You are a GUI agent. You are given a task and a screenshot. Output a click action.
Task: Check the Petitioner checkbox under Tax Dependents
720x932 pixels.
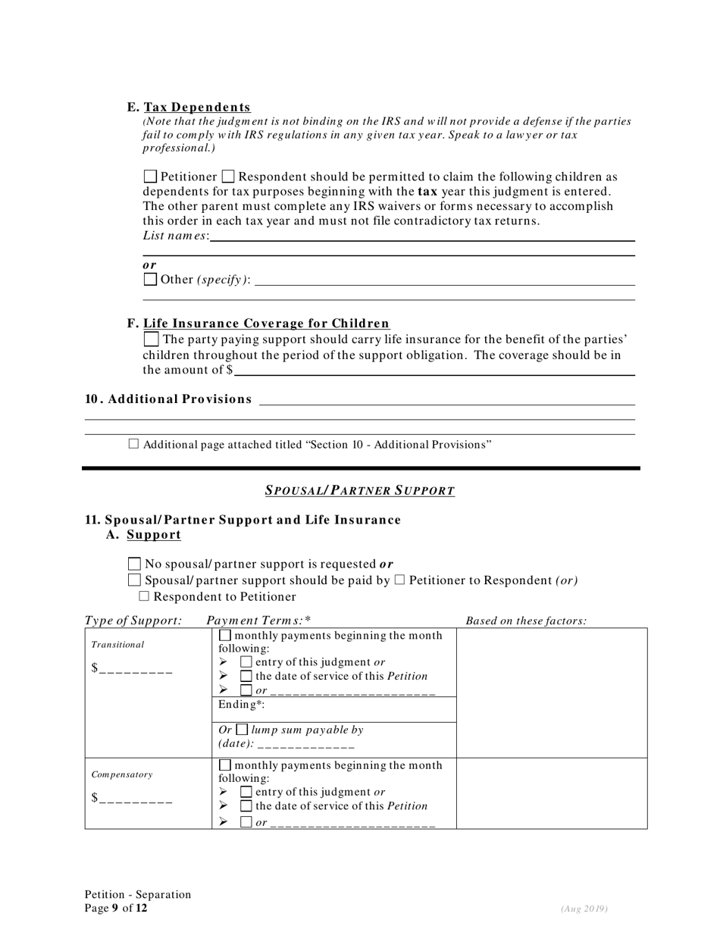point(150,177)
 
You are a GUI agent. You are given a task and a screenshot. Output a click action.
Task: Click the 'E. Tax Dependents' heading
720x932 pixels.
point(189,108)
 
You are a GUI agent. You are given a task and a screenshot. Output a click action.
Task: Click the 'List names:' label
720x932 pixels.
point(176,236)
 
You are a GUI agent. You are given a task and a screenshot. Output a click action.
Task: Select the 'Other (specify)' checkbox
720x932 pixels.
point(150,279)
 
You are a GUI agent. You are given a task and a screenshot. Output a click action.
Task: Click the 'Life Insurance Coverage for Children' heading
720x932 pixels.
point(266,324)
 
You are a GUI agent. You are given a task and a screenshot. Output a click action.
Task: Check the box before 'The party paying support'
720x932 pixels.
point(151,339)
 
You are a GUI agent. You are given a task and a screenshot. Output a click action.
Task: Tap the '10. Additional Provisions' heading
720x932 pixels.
point(168,399)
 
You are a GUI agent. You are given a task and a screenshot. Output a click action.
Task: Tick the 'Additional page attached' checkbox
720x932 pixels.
point(133,444)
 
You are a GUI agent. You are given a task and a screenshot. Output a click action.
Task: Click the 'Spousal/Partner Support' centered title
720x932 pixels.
point(360,490)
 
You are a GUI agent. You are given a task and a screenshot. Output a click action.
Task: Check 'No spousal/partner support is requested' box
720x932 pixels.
point(135,564)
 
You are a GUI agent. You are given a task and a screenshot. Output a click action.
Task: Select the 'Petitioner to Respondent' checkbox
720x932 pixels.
point(399,580)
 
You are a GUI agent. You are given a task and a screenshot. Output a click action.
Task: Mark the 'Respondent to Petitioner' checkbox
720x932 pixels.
point(144,596)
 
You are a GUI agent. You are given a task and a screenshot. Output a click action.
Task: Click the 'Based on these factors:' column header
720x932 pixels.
point(526,621)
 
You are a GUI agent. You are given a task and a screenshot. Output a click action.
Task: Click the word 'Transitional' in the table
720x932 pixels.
point(117,645)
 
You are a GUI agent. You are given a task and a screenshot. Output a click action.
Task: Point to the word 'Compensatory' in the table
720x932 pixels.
point(122,775)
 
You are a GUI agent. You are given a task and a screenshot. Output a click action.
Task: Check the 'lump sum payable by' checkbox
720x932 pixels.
point(242,730)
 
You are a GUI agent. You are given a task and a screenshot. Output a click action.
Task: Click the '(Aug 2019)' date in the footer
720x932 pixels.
point(584,909)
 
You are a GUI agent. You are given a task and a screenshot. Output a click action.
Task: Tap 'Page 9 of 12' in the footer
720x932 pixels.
point(116,908)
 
